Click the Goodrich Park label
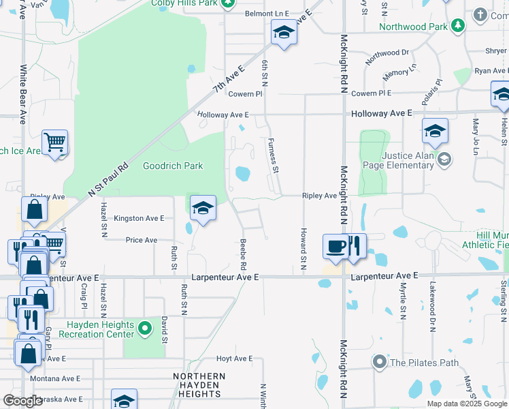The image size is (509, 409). coord(173,166)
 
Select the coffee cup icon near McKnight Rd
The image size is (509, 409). coord(335,246)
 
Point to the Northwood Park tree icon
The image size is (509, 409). coord(458,27)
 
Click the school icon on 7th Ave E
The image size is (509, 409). coord(284,32)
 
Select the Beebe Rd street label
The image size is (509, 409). coord(243,254)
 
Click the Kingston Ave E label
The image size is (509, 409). coord(139,218)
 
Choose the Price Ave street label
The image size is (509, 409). coord(142,240)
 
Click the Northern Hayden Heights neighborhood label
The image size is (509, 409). coord(199,385)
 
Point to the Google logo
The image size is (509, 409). coord(22,401)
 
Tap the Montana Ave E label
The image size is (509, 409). coord(55,378)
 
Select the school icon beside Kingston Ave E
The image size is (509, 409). coord(202,208)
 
